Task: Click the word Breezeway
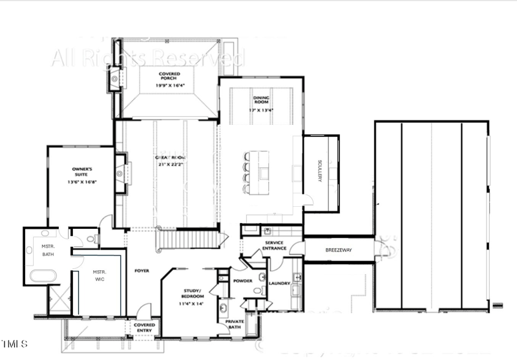point(338,249)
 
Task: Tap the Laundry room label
point(279,282)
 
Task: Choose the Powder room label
point(242,281)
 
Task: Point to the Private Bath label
point(234,324)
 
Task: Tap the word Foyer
point(142,270)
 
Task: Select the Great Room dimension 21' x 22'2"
point(169,165)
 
